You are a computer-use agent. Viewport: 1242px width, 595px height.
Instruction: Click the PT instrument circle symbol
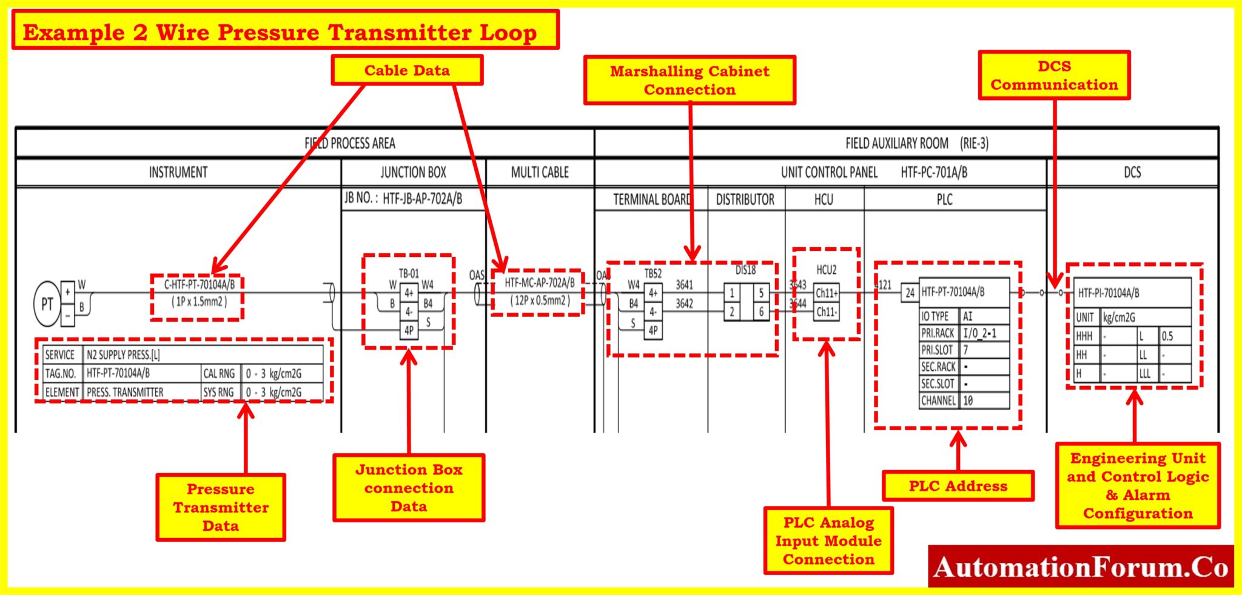(47, 304)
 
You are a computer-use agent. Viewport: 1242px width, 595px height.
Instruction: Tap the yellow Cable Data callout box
(407, 70)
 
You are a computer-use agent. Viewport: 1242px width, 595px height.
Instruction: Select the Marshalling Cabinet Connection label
(690, 81)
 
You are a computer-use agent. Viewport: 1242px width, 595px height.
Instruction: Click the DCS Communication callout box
(1054, 75)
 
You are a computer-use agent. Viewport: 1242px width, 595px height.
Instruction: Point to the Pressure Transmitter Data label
(221, 507)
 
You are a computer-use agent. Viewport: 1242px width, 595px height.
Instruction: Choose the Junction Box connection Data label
(409, 488)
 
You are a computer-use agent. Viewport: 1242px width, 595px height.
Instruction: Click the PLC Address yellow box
(958, 486)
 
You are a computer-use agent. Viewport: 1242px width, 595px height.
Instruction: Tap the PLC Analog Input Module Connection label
(828, 540)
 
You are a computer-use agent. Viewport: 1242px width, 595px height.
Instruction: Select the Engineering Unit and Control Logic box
(1138, 485)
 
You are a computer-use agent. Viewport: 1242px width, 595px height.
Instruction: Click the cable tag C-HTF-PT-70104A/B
(200, 285)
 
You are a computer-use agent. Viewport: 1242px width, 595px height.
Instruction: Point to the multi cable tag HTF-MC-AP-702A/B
(540, 283)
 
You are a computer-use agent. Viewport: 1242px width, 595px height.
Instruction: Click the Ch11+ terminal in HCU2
(827, 293)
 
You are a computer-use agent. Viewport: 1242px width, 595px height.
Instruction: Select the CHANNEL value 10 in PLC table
(984, 401)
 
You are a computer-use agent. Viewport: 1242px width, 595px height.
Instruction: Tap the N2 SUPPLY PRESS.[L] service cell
(124, 355)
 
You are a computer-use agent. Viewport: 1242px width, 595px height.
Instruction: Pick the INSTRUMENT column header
(178, 173)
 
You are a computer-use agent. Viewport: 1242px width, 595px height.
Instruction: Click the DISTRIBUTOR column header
(745, 200)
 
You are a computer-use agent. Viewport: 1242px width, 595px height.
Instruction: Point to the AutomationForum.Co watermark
(1081, 567)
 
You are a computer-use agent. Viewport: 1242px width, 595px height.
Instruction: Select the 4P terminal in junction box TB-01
(409, 330)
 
